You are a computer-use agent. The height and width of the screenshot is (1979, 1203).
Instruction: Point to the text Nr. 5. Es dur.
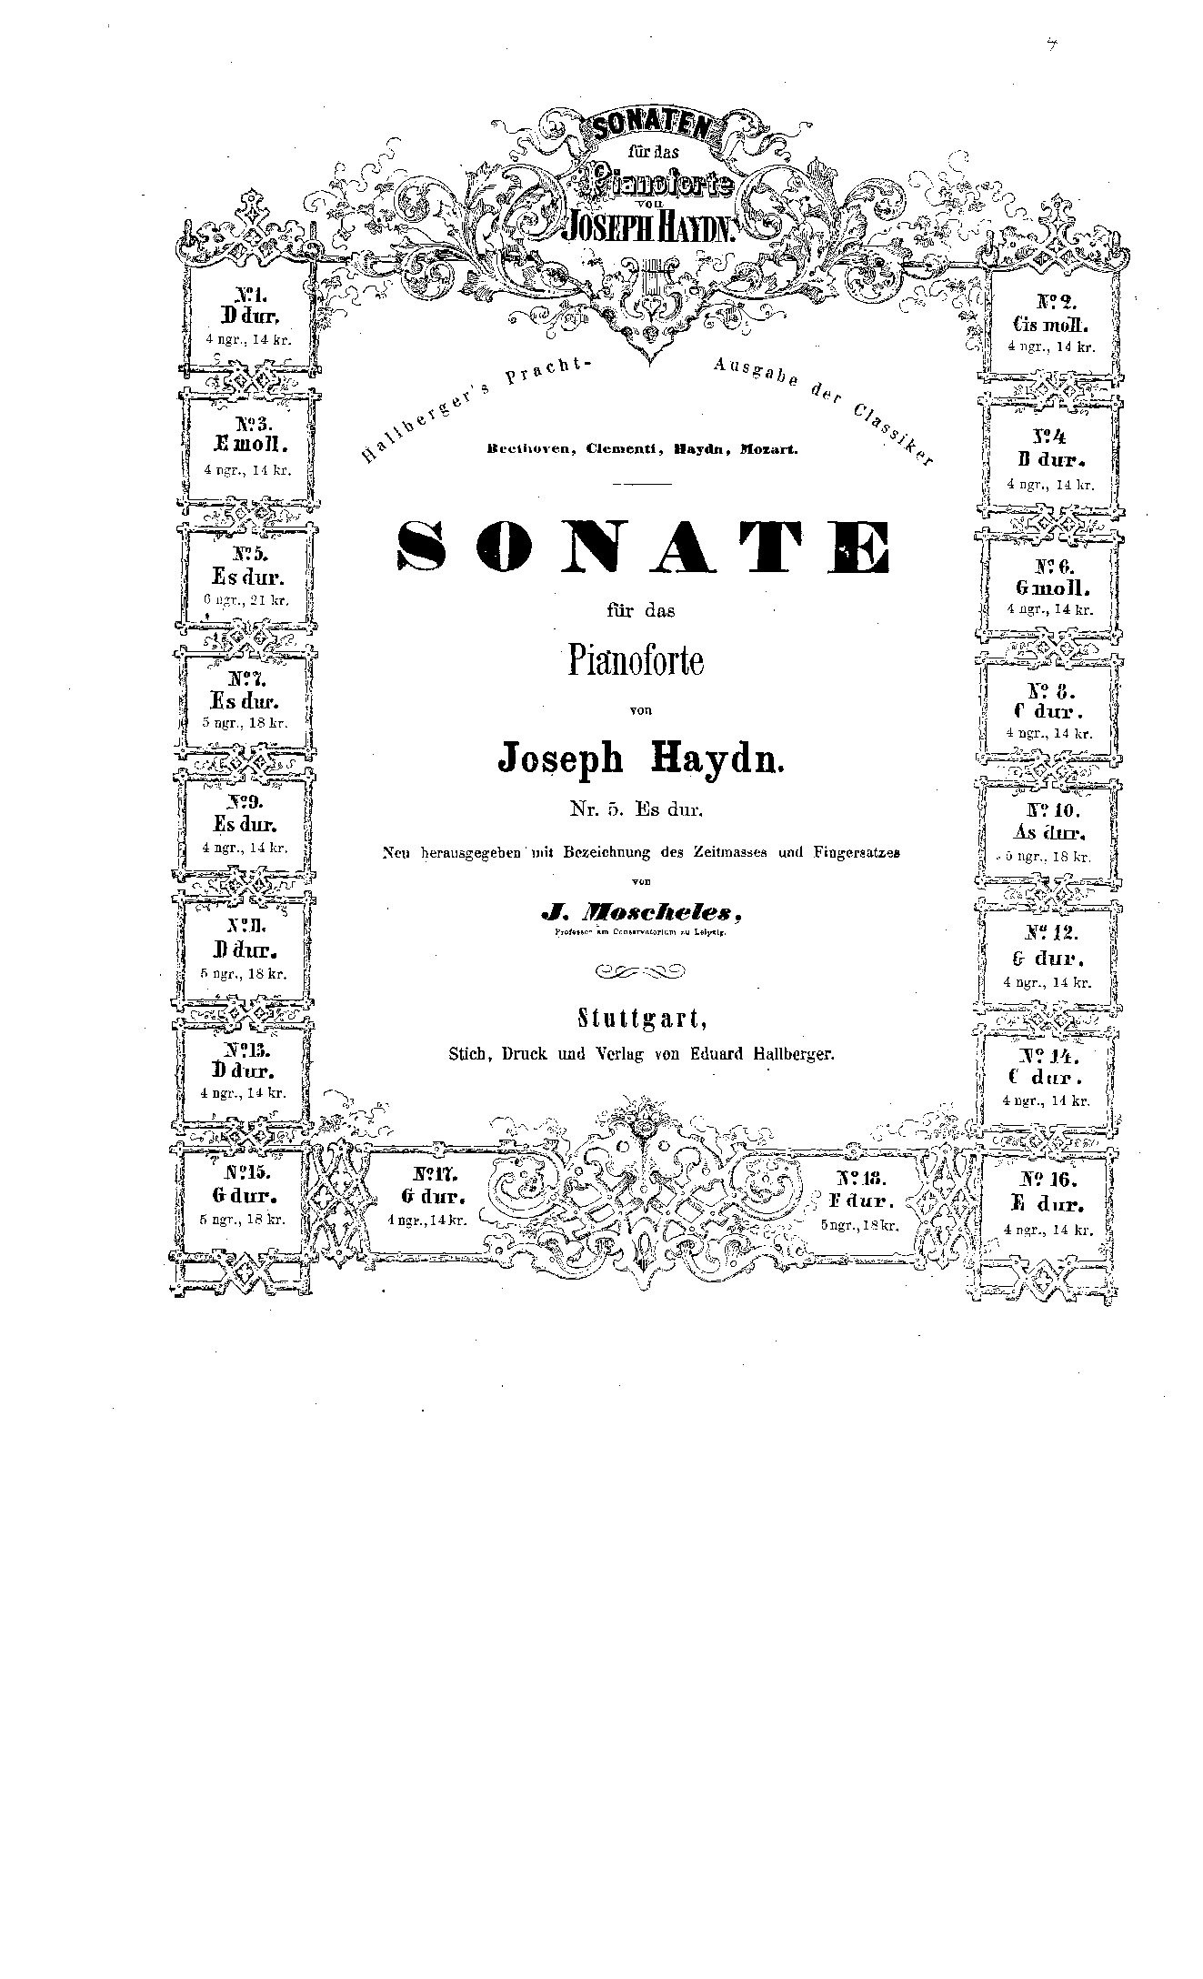[x=637, y=807]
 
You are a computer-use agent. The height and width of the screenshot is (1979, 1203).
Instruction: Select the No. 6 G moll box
[x=1050, y=586]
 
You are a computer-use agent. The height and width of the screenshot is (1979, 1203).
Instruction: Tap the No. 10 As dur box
[x=1049, y=831]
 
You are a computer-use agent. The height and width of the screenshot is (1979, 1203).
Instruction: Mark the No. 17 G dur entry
[x=426, y=1195]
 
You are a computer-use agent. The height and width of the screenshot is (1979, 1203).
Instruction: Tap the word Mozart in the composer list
[x=768, y=449]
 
